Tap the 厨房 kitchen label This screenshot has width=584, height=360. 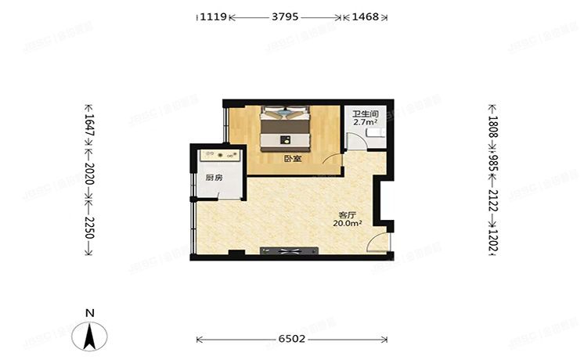point(213,178)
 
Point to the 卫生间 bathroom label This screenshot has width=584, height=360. point(366,113)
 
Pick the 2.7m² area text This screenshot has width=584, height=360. point(366,122)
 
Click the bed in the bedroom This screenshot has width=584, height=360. point(286,128)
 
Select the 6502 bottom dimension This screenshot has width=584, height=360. point(292,340)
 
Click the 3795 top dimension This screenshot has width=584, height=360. point(285,16)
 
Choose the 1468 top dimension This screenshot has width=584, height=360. point(366,16)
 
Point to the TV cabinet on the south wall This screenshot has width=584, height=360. point(289,251)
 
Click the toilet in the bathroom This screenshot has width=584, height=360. point(373,135)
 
